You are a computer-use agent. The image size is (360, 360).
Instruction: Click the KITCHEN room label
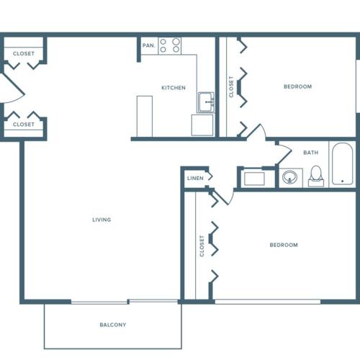[173, 88]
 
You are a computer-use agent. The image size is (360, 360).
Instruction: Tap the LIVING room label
[102, 220]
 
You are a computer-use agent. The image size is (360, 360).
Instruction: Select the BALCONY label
[113, 325]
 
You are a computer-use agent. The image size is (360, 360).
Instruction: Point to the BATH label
[310, 153]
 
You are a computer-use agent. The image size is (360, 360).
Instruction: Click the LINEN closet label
[195, 178]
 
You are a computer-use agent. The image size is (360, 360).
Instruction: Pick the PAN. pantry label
[148, 45]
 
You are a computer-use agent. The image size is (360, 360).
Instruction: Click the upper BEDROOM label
[297, 86]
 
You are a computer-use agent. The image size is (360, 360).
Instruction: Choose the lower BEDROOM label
[284, 245]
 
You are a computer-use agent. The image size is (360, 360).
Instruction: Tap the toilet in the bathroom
[316, 176]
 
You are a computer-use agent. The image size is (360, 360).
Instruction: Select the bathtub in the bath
[341, 165]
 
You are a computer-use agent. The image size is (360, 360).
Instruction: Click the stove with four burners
[170, 45]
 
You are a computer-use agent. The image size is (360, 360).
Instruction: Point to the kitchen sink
[206, 102]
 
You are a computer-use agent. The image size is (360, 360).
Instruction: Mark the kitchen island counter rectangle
[145, 116]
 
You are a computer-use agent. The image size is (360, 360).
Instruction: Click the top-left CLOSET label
[24, 53]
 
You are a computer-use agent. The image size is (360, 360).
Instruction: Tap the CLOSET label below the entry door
[24, 125]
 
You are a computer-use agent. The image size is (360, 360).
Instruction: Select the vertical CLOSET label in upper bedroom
[231, 87]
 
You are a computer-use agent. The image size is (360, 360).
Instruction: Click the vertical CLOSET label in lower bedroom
[202, 246]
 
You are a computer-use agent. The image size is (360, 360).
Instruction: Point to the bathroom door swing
[282, 153]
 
